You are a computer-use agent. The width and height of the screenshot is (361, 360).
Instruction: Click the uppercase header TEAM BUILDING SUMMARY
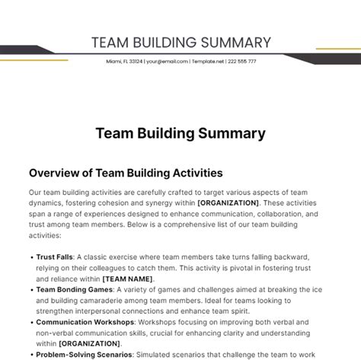point(180,42)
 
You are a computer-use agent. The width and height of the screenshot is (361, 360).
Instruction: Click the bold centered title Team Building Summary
point(180,133)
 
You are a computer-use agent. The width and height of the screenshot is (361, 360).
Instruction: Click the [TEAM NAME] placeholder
point(129,279)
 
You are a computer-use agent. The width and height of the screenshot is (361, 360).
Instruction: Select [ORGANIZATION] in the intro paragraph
point(228,203)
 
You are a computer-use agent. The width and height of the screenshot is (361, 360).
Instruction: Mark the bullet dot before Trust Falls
point(31,257)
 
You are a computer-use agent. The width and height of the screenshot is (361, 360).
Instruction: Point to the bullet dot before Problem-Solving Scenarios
point(31,355)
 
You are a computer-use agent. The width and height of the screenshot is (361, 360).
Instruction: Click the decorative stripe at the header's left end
point(46,56)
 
